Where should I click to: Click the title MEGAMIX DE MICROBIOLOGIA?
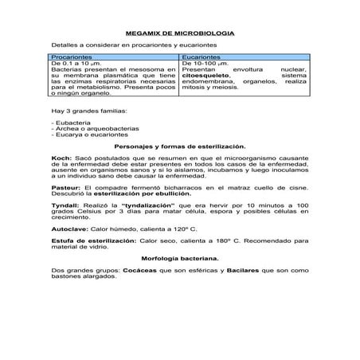pyautogui.click(x=180, y=35)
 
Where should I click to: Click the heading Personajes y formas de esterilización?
pyautogui.click(x=180, y=147)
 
